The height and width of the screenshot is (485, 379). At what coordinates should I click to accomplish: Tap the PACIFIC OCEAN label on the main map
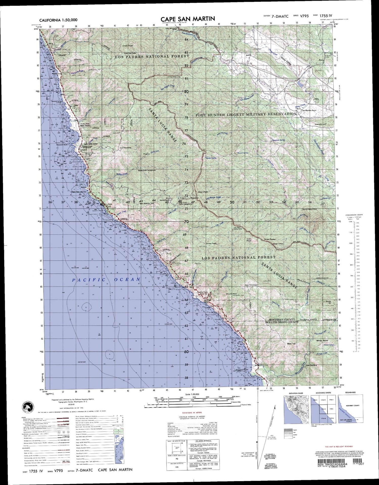point(106,279)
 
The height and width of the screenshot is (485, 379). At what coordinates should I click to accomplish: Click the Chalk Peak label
point(127,46)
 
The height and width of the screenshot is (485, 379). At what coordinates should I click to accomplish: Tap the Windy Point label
point(322,341)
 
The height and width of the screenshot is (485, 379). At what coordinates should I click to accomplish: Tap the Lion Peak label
point(249,240)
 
